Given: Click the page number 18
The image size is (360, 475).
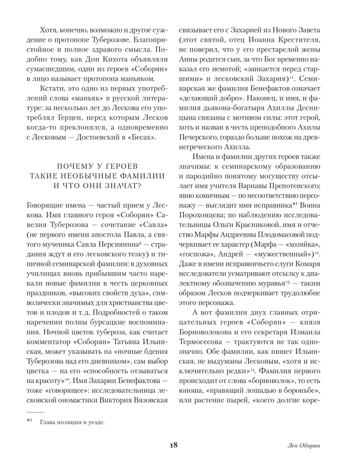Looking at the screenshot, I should click(173, 446).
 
